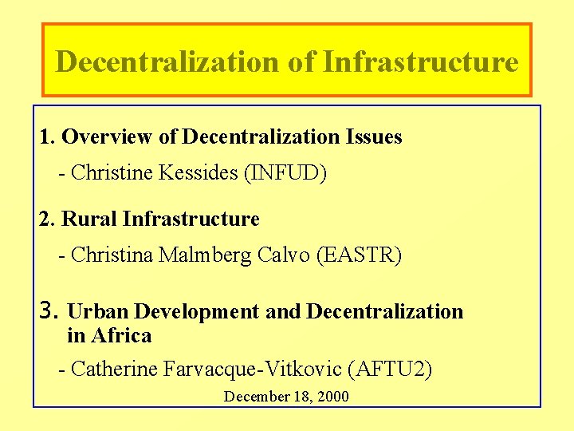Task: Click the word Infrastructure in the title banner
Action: [421, 61]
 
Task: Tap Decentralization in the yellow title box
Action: [167, 61]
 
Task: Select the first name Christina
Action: [112, 255]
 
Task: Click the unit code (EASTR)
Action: [360, 255]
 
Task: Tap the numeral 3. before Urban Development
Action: [49, 310]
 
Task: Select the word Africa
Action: [121, 336]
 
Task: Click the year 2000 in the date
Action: [332, 397]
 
